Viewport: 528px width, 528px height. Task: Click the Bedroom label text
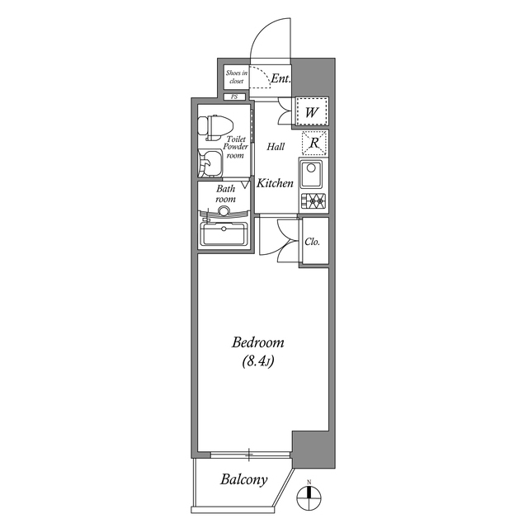[x=257, y=342]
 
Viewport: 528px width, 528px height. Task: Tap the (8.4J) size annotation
[x=258, y=361]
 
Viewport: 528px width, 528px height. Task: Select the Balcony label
[x=243, y=479]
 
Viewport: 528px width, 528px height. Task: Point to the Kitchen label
[x=275, y=183]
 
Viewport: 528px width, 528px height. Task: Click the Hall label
[x=276, y=147]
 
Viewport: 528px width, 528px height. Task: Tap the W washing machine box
[x=312, y=111]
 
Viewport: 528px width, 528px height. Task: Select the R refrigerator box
[x=314, y=143]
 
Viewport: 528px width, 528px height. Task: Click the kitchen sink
[x=313, y=175]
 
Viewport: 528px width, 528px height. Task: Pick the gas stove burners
[x=313, y=200]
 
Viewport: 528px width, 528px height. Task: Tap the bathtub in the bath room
[x=224, y=233]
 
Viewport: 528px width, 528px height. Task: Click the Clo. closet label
[x=313, y=242]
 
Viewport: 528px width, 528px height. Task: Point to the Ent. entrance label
[x=280, y=79]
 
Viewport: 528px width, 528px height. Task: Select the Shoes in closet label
[x=236, y=78]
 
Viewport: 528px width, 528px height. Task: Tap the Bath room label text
[x=226, y=194]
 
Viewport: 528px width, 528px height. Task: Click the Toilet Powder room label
[x=236, y=147]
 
